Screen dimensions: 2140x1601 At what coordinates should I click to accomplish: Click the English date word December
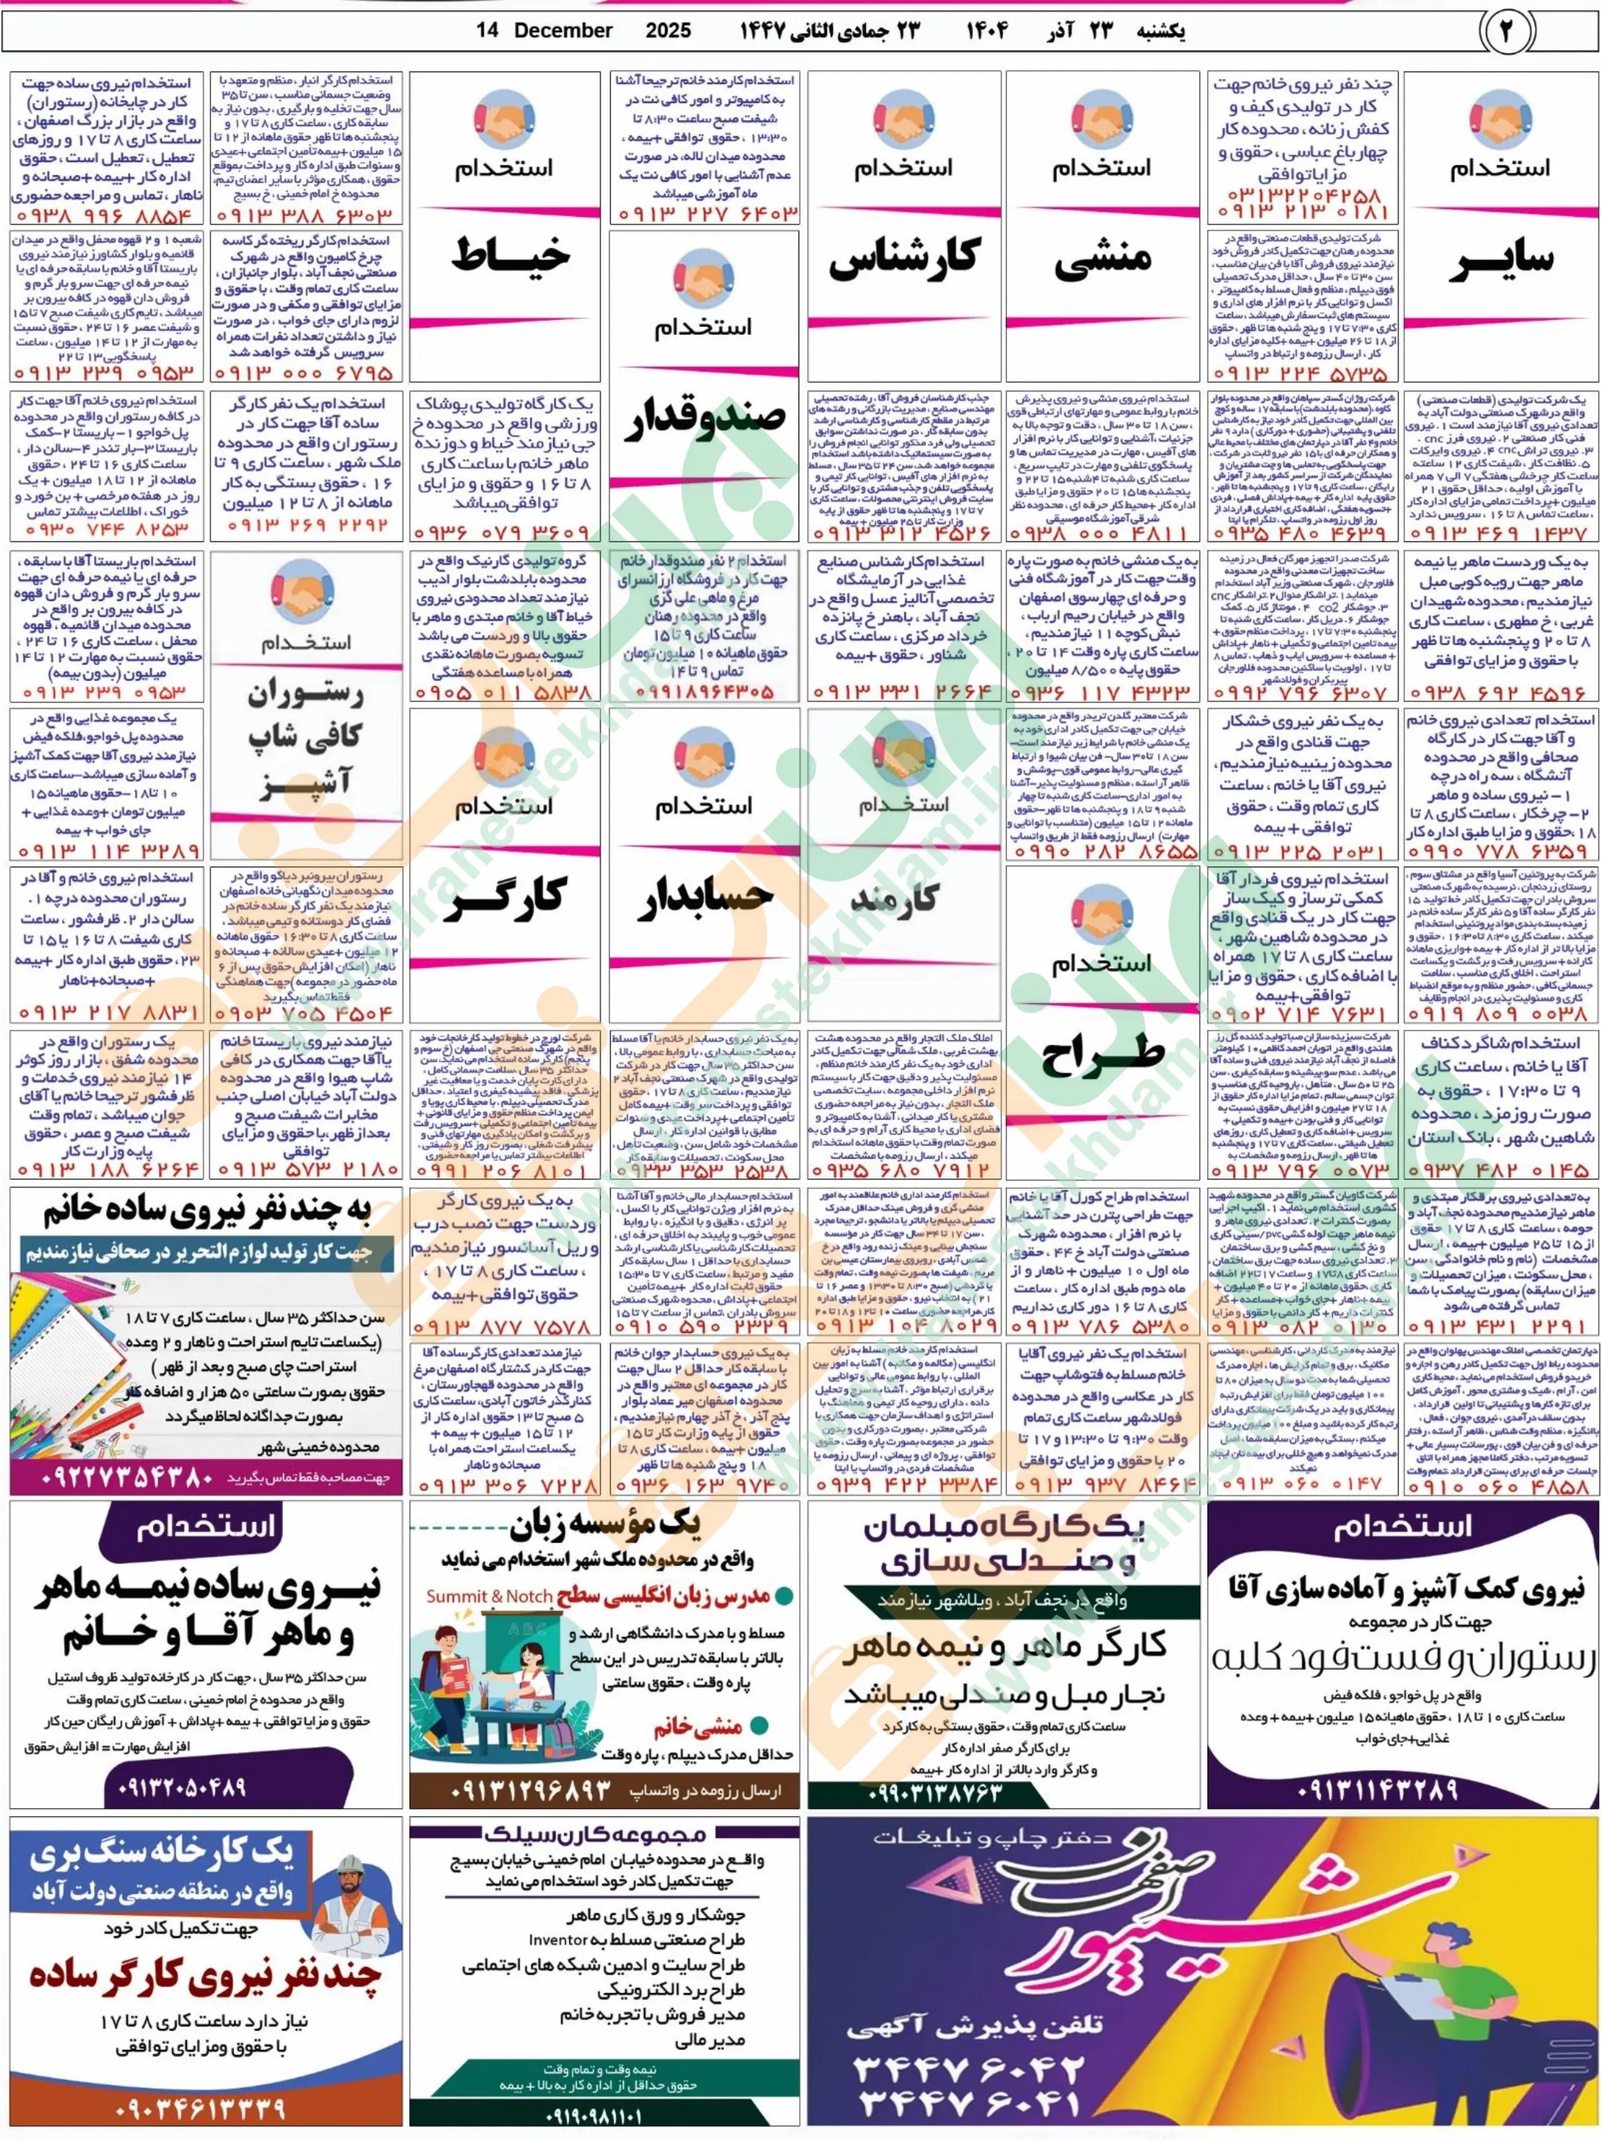563,31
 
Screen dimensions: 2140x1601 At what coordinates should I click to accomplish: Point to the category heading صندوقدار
703,422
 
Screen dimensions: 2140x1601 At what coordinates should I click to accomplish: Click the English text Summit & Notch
489,1595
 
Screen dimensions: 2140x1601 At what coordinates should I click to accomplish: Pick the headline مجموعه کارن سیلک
604,1831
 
